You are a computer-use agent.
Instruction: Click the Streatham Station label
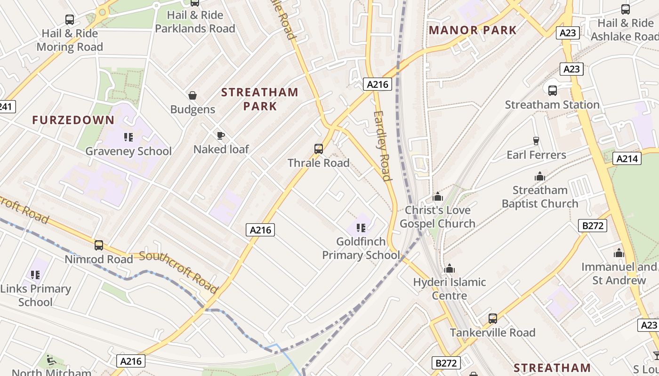point(552,104)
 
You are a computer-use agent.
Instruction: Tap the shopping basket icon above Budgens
point(193,96)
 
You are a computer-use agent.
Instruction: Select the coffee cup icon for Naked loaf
point(220,136)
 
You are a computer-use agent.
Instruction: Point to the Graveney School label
point(128,151)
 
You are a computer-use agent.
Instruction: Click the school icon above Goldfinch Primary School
point(361,228)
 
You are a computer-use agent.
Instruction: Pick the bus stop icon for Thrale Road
point(319,149)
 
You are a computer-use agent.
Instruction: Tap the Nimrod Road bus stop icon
point(99,245)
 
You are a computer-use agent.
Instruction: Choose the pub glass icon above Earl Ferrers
point(536,141)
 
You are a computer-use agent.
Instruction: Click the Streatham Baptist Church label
point(540,197)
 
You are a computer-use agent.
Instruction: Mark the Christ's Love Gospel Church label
point(438,217)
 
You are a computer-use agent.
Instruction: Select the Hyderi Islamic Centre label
point(450,289)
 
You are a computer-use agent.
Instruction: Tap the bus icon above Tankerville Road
point(493,318)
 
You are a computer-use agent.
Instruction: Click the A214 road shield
point(628,159)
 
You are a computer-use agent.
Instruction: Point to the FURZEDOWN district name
point(73,120)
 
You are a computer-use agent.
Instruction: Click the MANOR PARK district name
point(473,31)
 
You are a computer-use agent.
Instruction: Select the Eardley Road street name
point(382,146)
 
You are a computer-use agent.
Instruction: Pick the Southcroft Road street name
point(179,272)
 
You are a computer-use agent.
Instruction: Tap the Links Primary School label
point(35,295)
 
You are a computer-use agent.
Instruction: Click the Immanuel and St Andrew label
point(619,274)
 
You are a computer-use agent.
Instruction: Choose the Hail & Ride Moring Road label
point(70,40)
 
